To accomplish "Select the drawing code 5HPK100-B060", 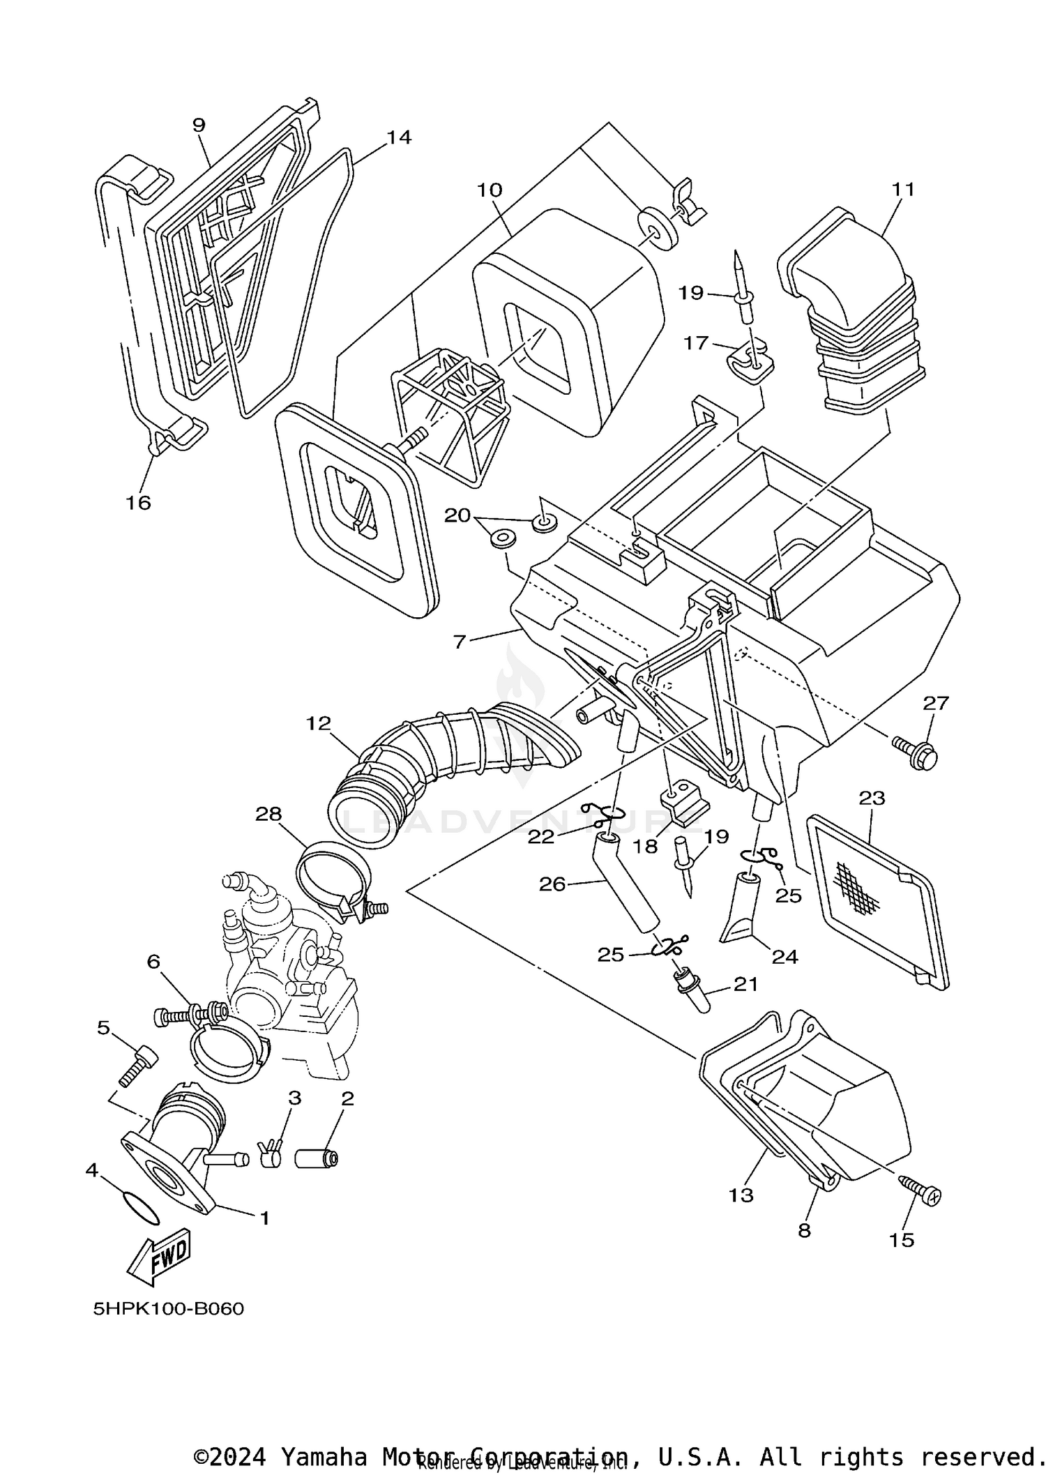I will click(x=169, y=1309).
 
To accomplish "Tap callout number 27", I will click(x=936, y=702).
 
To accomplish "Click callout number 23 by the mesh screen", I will click(x=872, y=797).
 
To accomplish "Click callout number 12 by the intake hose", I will click(x=318, y=723).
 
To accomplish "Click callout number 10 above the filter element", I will click(x=490, y=190).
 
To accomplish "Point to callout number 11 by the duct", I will click(x=903, y=190).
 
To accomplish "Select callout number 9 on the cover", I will click(x=199, y=125).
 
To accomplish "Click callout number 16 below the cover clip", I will click(x=138, y=502).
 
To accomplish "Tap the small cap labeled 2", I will click(x=317, y=1159).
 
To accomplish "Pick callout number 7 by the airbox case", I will click(x=459, y=641).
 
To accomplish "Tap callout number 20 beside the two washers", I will click(x=457, y=515).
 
